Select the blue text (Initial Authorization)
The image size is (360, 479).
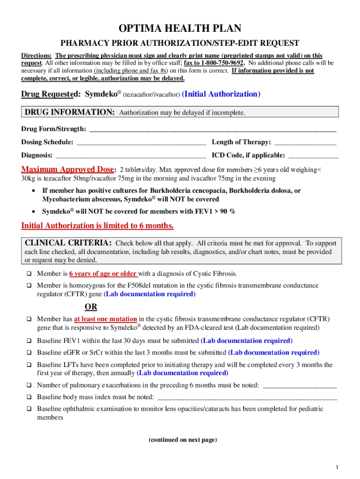pos(221,94)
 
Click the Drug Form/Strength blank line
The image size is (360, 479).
pos(212,130)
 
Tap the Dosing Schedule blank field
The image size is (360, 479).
pos(141,143)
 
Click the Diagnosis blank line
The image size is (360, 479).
pos(130,156)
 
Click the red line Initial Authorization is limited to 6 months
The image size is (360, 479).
pos(98,226)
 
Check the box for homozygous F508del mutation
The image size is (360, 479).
pos(29,286)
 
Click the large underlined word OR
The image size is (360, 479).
pos(91,307)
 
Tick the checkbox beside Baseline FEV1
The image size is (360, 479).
pos(29,341)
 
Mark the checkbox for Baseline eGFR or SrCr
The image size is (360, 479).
pos(29,353)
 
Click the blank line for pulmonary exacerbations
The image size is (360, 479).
pos(300,386)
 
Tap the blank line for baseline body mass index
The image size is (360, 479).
pos(247,398)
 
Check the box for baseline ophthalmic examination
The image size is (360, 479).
pos(29,409)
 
